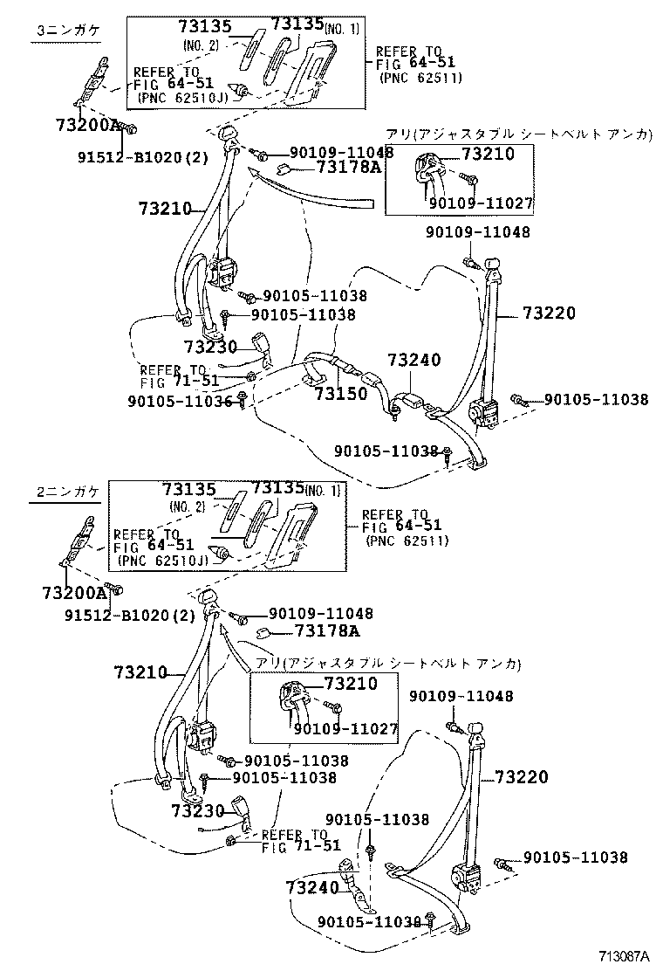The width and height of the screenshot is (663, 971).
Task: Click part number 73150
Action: pos(340,394)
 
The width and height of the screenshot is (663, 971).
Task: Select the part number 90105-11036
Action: pos(180,401)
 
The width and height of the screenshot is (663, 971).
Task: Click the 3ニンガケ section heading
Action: pos(68,30)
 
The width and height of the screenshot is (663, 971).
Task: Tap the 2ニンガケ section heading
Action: pos(68,492)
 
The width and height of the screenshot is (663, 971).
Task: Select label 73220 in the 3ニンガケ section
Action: pos(550,314)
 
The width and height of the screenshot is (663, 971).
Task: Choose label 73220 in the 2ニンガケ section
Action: pos(522,777)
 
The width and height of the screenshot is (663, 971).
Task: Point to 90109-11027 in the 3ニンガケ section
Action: pos(481,204)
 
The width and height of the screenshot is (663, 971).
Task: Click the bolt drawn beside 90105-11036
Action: pos(242,400)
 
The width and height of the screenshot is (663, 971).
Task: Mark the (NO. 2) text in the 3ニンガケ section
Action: pos(202,45)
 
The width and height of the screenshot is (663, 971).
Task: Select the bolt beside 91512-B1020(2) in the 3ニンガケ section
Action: pos(127,129)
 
